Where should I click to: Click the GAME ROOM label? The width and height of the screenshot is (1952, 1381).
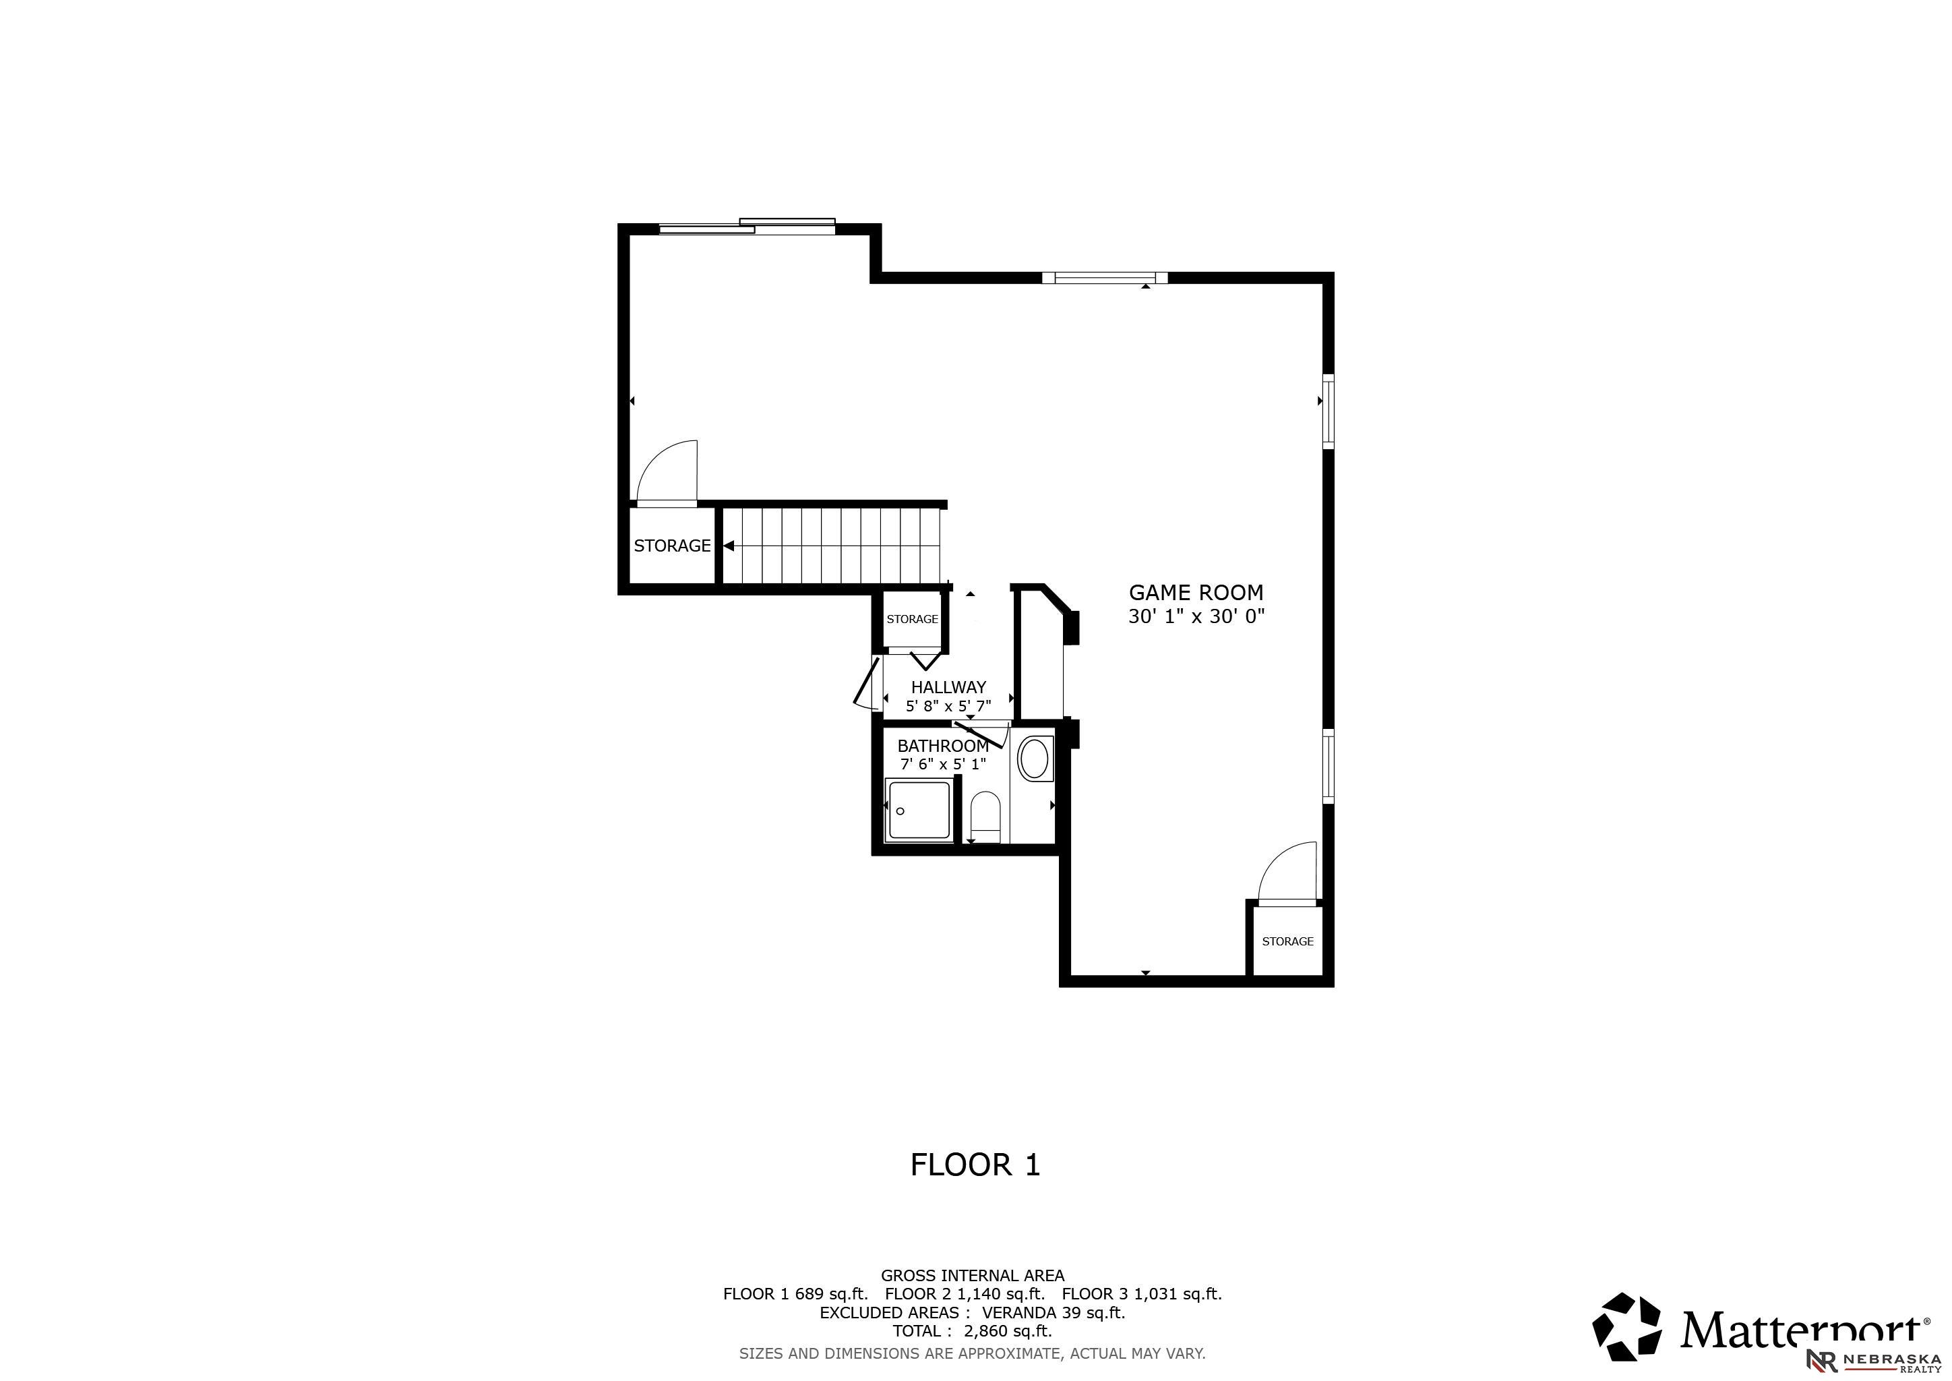tap(1196, 593)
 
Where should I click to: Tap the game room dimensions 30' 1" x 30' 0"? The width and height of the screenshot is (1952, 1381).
tap(1196, 616)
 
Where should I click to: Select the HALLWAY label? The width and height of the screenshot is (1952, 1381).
tap(949, 687)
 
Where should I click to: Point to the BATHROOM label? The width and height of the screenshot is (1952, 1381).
tap(943, 746)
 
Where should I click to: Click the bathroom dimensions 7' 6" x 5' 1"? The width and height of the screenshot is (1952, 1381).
tap(943, 763)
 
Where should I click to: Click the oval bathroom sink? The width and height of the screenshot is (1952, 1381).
tap(1034, 759)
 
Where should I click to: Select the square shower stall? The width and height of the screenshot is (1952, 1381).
tap(918, 811)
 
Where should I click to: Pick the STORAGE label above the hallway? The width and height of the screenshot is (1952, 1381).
tap(912, 619)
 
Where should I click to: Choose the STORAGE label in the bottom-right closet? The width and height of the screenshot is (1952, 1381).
tap(1287, 941)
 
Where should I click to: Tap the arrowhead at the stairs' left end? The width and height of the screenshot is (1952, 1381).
tap(729, 546)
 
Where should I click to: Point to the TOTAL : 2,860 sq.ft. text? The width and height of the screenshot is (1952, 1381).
tap(973, 1331)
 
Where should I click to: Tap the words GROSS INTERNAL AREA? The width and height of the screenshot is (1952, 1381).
tap(973, 1276)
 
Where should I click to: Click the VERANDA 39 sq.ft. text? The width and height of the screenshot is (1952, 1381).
tap(1054, 1312)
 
